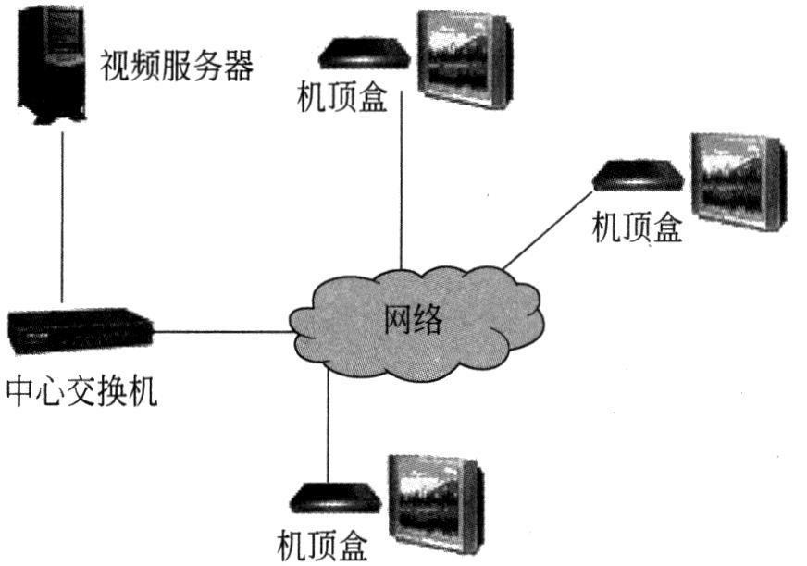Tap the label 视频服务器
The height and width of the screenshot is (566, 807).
[176, 67]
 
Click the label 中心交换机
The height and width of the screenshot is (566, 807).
[81, 392]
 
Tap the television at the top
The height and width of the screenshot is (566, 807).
[464, 58]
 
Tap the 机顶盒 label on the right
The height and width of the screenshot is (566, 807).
[637, 227]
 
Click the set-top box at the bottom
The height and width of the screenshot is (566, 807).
[332, 498]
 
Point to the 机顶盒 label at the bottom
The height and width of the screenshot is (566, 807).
[322, 544]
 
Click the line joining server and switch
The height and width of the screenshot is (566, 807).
[62, 217]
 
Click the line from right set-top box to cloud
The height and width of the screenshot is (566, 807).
[546, 228]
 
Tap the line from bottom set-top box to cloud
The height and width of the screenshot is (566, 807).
[328, 425]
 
